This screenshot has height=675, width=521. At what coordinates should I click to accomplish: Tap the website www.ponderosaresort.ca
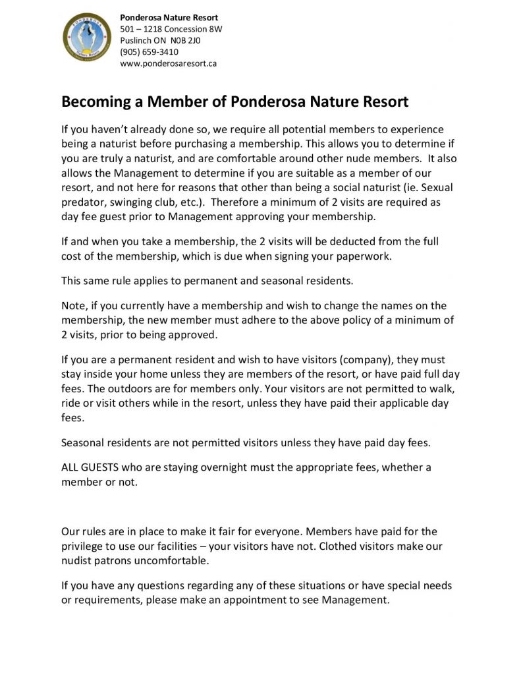[x=169, y=64]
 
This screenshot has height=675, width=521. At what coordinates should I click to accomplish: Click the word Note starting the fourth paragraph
[x=74, y=305]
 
